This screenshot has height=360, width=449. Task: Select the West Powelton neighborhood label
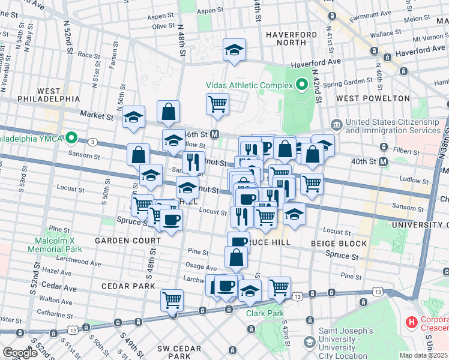364,98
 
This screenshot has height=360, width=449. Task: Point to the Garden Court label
127,240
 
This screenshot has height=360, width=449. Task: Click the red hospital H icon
412,323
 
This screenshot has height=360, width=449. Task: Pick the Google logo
20,353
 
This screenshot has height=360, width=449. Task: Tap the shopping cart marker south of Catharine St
172,299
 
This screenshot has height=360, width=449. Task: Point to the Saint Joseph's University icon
309,342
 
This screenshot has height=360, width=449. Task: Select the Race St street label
88,55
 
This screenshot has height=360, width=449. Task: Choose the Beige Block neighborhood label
339,243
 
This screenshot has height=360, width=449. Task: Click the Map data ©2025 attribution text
423,355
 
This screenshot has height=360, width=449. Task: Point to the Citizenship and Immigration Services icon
336,125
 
